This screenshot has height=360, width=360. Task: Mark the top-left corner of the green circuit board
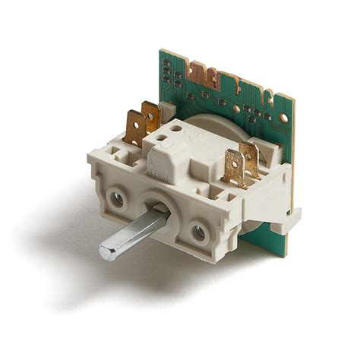(x=161, y=52)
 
